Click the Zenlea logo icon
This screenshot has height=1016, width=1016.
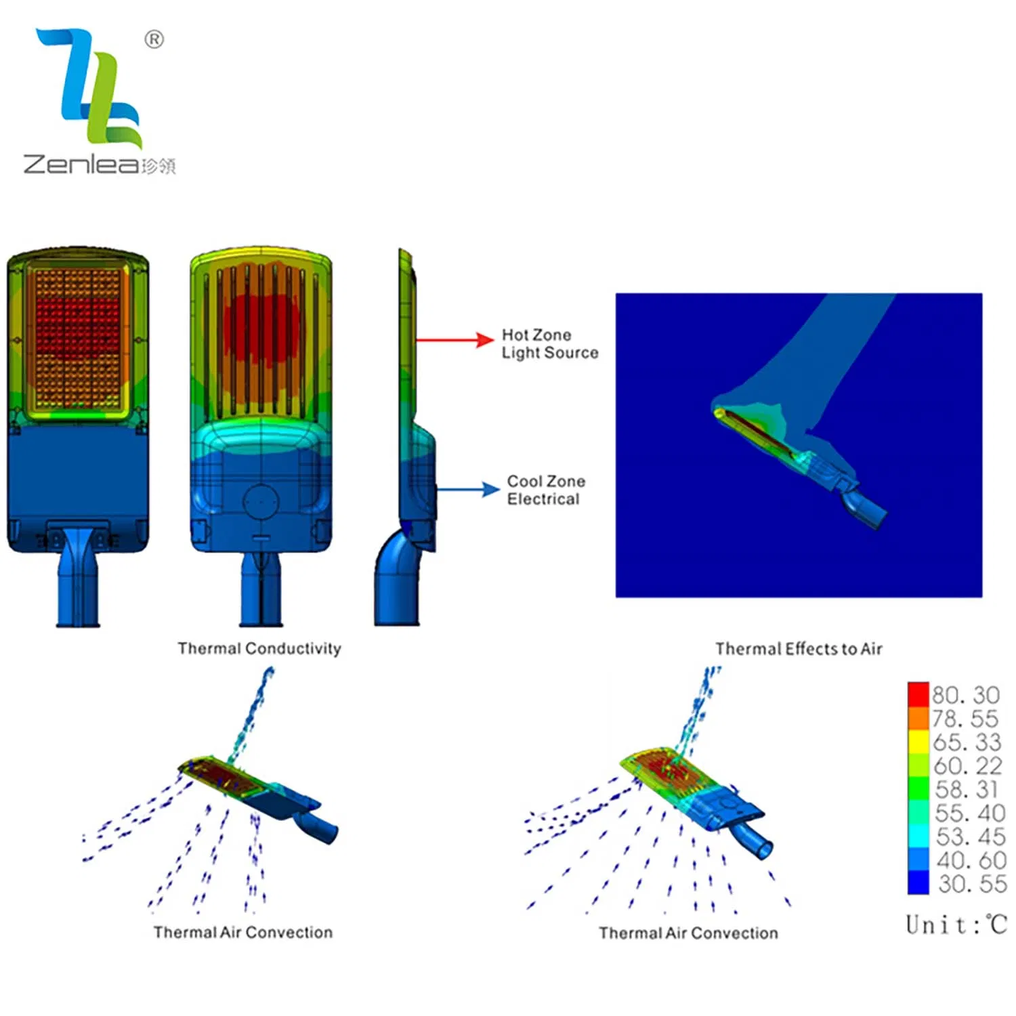pyautogui.click(x=91, y=88)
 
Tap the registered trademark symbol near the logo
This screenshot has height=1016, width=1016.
pyautogui.click(x=154, y=39)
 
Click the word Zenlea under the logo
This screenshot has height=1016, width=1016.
pyautogui.click(x=81, y=165)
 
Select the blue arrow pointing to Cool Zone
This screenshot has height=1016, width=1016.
pyautogui.click(x=467, y=489)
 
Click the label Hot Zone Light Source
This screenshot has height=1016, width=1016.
pyautogui.click(x=550, y=343)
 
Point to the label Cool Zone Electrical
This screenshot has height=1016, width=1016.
pyautogui.click(x=546, y=490)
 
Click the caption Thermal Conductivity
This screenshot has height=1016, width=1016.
pyautogui.click(x=259, y=648)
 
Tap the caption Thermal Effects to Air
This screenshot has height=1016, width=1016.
pyautogui.click(x=799, y=649)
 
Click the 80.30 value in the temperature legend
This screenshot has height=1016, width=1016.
pyautogui.click(x=966, y=695)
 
